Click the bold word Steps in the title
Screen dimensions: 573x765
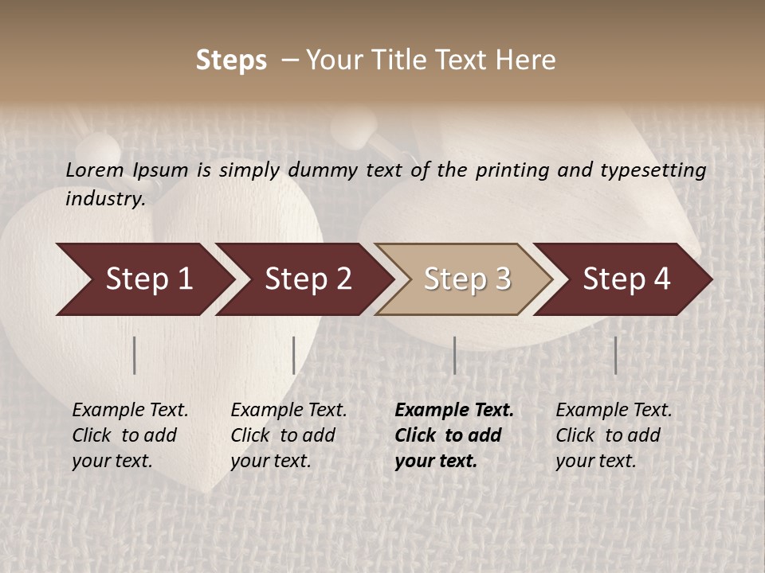click(231, 60)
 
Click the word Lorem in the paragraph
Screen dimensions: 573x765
click(94, 170)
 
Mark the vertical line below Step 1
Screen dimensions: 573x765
click(135, 355)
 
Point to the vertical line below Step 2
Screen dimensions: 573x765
click(294, 355)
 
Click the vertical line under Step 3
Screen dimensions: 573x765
click(455, 355)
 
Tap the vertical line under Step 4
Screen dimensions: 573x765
click(616, 355)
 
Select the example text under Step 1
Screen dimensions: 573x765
click(130, 435)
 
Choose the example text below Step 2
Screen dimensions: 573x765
click(288, 435)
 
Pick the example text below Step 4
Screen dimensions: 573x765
click(614, 435)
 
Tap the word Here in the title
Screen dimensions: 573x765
click(526, 60)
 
